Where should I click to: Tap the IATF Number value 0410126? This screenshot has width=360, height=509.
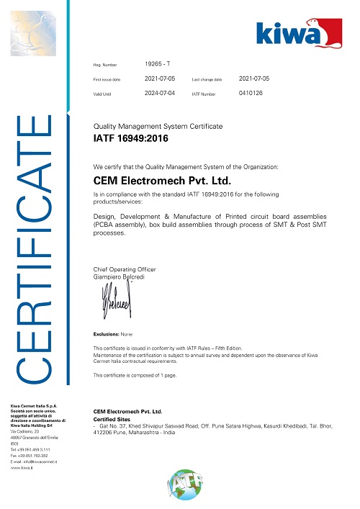pos(250,92)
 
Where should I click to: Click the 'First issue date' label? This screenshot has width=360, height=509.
pos(107,78)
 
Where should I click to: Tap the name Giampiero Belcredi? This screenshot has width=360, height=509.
pos(117,276)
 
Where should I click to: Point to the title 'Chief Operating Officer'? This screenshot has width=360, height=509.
pos(125,269)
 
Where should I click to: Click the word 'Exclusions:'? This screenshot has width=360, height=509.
pos(107,335)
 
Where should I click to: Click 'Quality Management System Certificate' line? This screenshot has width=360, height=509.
pos(158,126)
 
